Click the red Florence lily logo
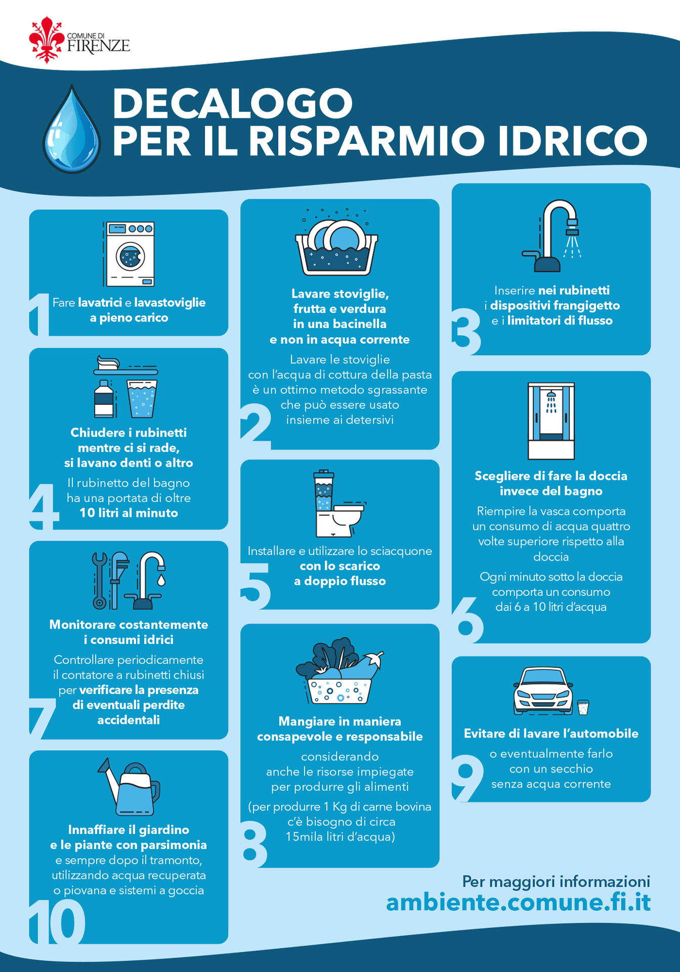tap(47, 39)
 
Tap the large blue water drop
tap(71, 129)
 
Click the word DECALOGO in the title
tap(233, 103)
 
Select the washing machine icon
tap(129, 254)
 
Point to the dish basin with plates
tap(337, 246)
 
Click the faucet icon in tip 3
tap(551, 235)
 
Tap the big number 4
tap(44, 506)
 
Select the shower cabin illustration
tap(551, 421)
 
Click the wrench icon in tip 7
tap(99, 580)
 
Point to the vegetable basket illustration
tap(339, 671)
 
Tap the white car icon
tap(543, 691)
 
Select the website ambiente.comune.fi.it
tap(518, 902)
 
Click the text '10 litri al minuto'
tap(129, 513)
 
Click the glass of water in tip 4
tap(142, 398)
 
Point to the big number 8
tap(254, 841)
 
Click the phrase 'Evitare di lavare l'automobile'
tap(551, 734)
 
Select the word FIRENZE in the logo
tap(99, 46)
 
